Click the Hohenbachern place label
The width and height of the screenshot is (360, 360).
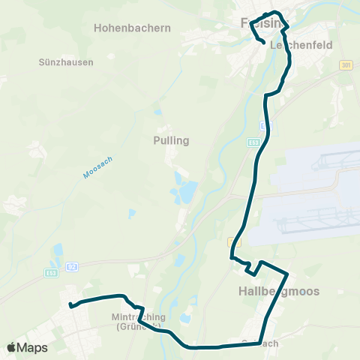coord(133,28)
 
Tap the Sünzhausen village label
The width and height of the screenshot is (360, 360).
coord(65,62)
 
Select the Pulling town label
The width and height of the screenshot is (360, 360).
coord(171,140)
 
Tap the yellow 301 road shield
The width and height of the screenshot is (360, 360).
coord(345,66)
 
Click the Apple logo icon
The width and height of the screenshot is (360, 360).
coord(12,347)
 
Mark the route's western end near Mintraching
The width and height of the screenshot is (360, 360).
coord(70,304)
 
